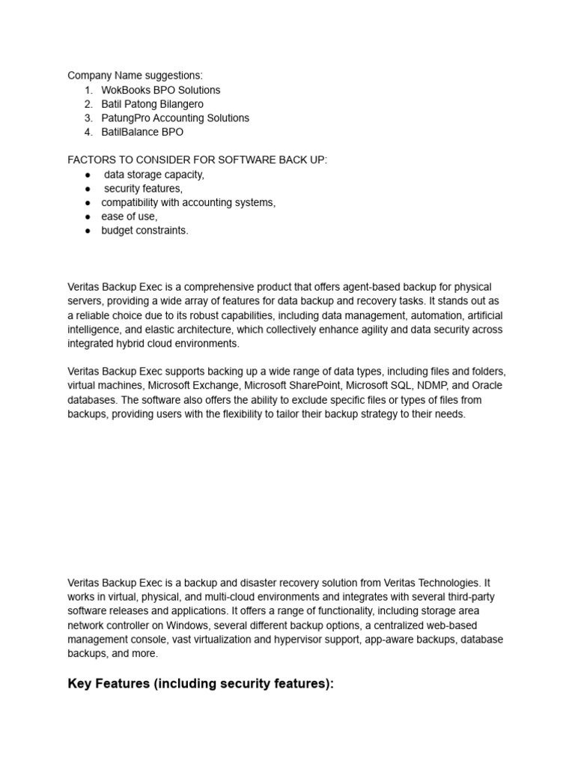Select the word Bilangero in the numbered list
tap(180, 104)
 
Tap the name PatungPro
tap(127, 118)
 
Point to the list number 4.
tap(88, 132)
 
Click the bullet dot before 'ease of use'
tap(88, 217)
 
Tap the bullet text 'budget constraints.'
tap(144, 231)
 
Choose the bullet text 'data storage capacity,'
tap(153, 175)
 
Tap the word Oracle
tap(487, 386)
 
